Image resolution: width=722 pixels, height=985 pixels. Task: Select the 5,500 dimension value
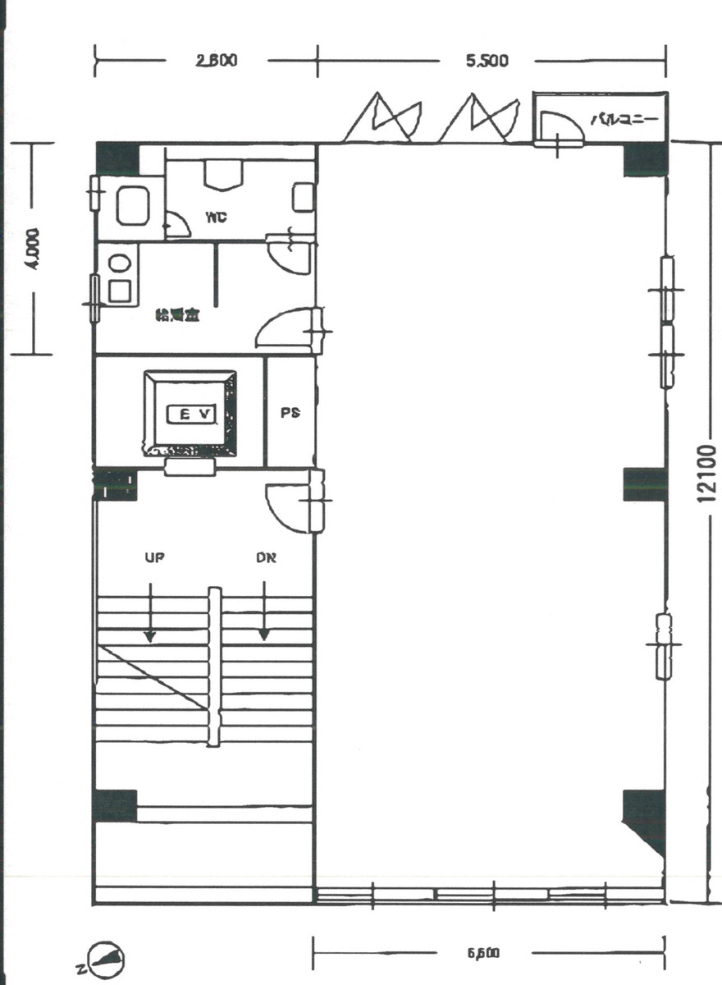tap(487, 61)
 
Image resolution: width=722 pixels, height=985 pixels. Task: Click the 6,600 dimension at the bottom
tap(484, 953)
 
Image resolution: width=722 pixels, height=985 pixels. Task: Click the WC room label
tap(217, 218)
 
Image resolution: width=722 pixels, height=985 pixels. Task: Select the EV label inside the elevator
tap(191, 415)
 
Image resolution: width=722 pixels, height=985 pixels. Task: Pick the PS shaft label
tap(290, 413)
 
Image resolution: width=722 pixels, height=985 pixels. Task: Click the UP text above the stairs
tap(154, 558)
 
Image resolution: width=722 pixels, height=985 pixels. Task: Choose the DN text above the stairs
tap(264, 558)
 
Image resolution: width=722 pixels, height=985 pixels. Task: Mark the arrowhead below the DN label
tap(264, 635)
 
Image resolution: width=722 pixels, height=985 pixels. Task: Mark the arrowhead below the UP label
tap(149, 635)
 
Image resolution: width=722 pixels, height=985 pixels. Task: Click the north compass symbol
tap(109, 958)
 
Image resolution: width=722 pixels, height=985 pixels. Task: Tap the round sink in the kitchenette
tap(120, 263)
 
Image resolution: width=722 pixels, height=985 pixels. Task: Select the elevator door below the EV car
tap(190, 467)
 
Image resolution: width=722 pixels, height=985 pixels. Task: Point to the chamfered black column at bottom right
tap(645, 821)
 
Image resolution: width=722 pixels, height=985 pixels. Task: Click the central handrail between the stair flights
tap(213, 667)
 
